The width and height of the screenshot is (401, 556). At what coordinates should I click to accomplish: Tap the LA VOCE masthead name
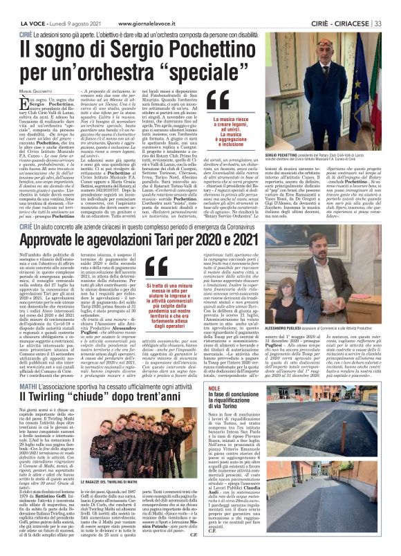21,6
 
